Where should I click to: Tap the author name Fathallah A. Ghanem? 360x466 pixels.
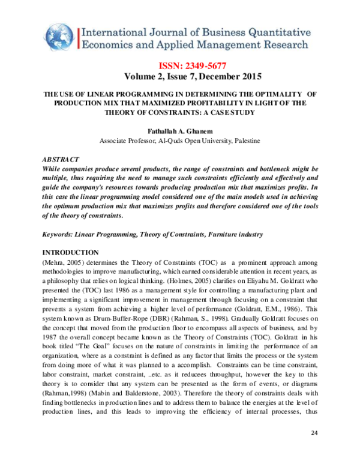pyautogui.click(x=180, y=130)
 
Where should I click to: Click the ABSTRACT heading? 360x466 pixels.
pyautogui.click(x=60, y=160)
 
